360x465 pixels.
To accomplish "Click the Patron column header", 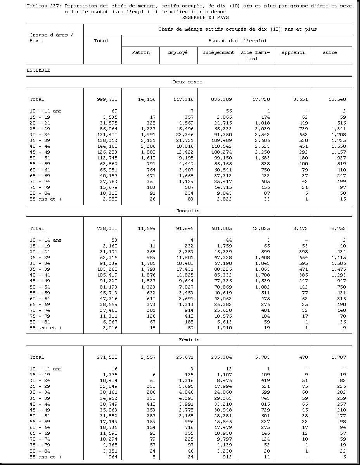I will point(140,52).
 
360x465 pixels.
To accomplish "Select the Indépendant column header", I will point(218,52).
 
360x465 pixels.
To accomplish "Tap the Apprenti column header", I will point(293,52).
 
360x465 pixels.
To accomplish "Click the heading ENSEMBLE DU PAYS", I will point(205,17).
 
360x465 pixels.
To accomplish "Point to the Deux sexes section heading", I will point(188,82).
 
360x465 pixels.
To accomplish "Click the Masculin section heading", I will point(188,211).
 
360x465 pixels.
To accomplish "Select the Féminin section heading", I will point(189,340).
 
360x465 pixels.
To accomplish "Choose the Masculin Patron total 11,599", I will point(147,228).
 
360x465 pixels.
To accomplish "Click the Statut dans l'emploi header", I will point(237,41).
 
